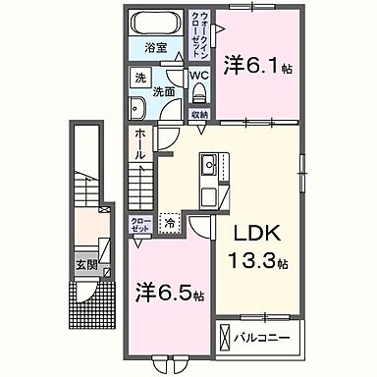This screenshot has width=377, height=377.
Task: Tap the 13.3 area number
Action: click(258, 263)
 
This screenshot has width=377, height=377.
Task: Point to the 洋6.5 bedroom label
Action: click(169, 293)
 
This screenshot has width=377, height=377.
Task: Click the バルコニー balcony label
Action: click(264, 339)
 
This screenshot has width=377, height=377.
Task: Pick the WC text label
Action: click(197, 75)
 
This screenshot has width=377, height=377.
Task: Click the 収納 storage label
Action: click(198, 114)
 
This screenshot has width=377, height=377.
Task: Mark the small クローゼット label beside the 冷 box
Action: click(139, 225)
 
